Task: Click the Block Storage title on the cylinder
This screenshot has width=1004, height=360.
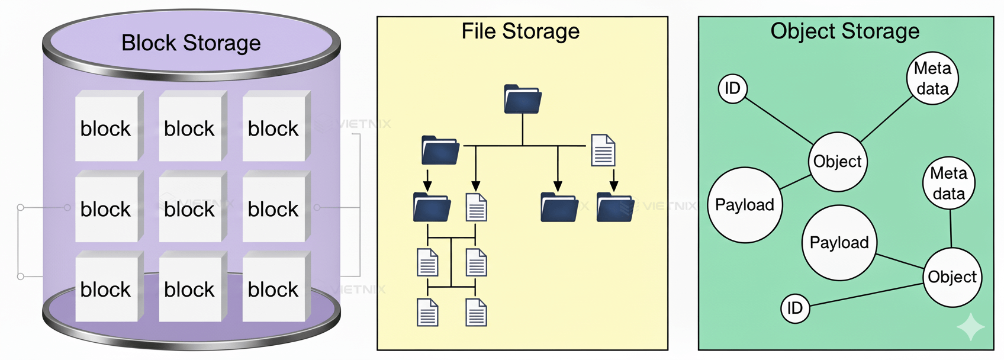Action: coord(191,43)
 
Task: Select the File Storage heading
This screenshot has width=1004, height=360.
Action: coord(520,31)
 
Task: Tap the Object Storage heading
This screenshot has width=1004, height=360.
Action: coord(845,31)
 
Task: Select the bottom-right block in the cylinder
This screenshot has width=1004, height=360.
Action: coord(273,288)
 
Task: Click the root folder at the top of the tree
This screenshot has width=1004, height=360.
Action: coord(523,99)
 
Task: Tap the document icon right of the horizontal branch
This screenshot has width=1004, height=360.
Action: coord(603,150)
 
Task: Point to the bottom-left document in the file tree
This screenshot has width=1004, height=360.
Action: coord(427,312)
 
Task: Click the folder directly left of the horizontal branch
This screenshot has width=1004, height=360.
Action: coord(440,150)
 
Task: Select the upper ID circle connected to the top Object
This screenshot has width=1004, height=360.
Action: coord(733,89)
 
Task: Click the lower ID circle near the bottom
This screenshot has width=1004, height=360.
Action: coord(795,308)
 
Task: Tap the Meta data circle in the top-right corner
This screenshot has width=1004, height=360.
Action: coord(932,78)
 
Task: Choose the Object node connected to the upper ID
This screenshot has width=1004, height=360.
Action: coord(837,162)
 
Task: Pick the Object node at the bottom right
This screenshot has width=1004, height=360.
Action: coord(952,277)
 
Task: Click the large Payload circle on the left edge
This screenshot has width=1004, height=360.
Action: coord(745,205)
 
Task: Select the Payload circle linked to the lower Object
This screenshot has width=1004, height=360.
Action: coord(839,243)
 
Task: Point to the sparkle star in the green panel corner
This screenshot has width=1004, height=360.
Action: coord(971,327)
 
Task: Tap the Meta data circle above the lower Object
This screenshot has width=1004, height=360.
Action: coord(948,183)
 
